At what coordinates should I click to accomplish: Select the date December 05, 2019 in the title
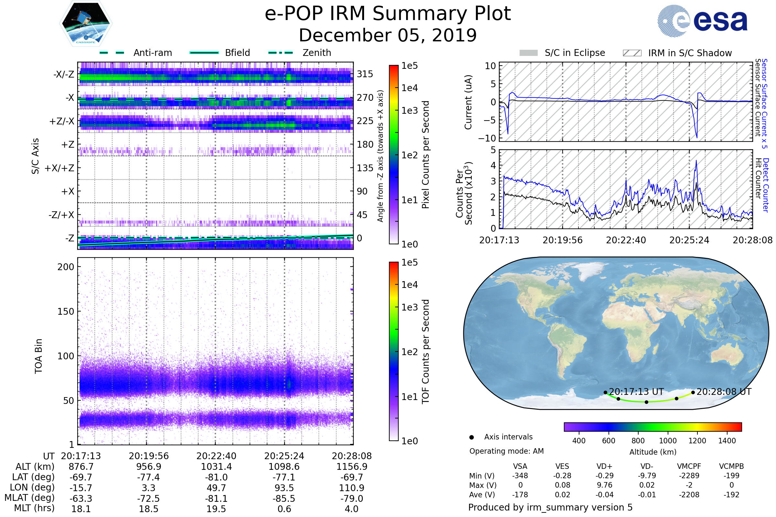[388, 36]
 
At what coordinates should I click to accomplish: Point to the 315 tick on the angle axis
[365, 74]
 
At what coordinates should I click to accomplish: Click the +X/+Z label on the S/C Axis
[59, 168]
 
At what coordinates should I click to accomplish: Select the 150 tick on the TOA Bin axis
[66, 311]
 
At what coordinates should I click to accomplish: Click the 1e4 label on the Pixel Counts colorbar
[409, 88]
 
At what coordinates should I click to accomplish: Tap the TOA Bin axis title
[38, 356]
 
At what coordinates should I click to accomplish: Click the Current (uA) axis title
[468, 102]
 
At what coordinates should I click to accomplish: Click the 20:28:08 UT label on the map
[724, 392]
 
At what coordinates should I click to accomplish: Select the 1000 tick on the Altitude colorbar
[667, 441]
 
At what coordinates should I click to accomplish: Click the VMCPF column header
[689, 466]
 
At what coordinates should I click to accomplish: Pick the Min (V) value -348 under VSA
[520, 476]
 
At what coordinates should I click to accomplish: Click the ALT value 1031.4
[216, 467]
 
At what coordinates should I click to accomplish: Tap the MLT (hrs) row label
[34, 508]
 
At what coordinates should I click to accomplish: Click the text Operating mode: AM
[506, 451]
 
